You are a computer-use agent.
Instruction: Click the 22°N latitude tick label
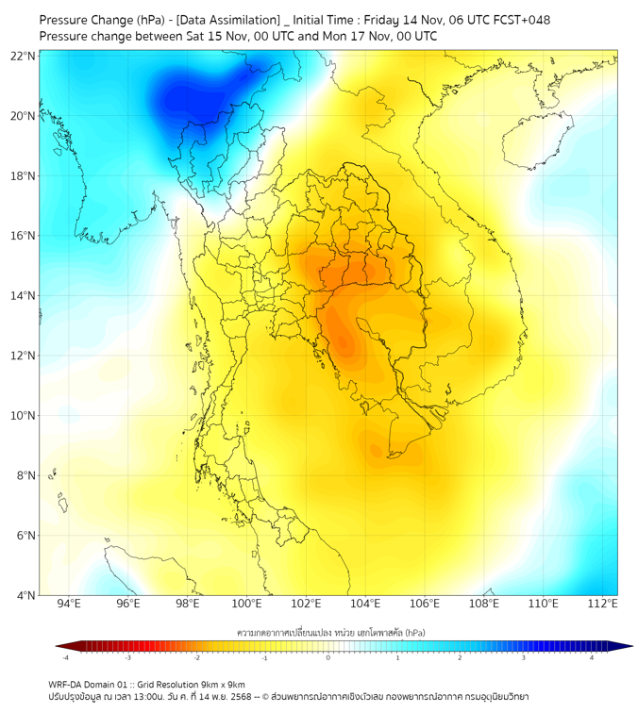point(24,56)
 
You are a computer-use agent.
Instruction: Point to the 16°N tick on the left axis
point(24,236)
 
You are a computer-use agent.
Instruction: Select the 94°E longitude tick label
point(69,605)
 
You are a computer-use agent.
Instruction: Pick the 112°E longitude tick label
point(602,605)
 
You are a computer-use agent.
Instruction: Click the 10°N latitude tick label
point(24,416)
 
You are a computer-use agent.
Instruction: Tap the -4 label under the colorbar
point(65,657)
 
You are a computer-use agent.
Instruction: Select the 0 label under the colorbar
point(328,657)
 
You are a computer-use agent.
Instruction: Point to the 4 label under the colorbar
point(592,657)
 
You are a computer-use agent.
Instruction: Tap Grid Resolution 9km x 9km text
point(199,684)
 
